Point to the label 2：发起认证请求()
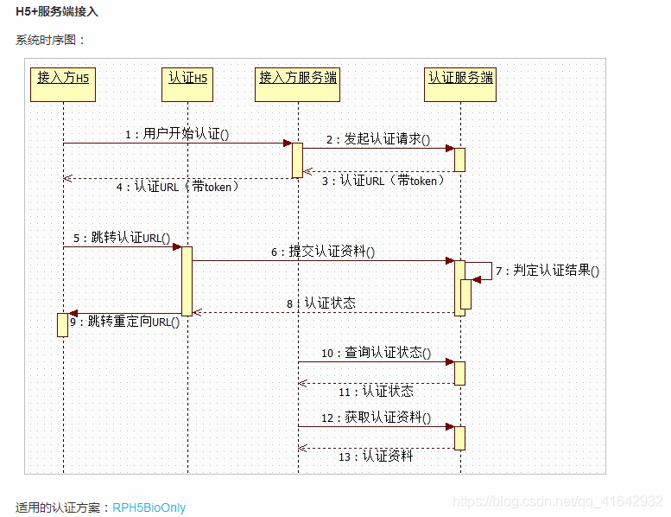point(378,139)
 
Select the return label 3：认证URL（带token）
point(383,181)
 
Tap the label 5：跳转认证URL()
point(122,238)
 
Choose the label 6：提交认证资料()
point(323,252)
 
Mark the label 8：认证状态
point(320,303)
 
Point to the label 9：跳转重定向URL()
point(124,322)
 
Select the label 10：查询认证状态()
point(376,353)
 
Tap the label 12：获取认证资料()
point(376,418)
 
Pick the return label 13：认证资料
point(376,456)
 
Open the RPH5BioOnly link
point(149,507)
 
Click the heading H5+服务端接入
point(57,11)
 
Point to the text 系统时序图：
point(51,40)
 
